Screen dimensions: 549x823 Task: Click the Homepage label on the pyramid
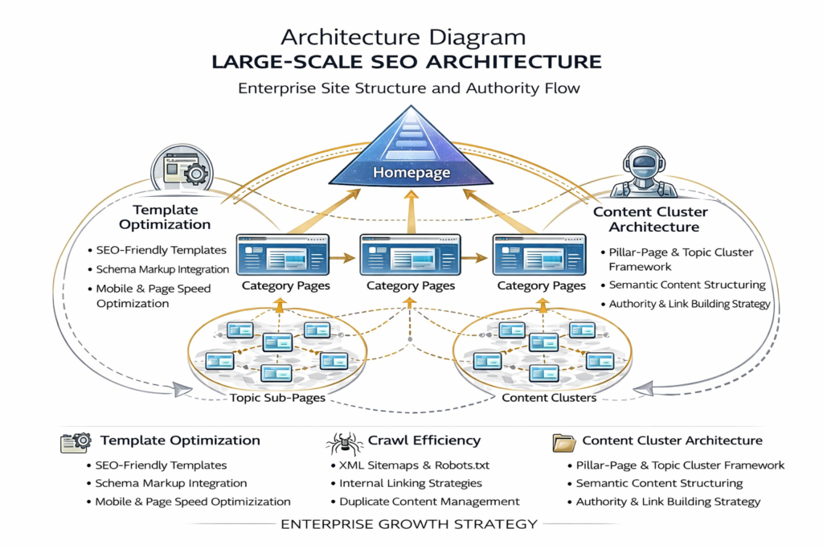pyautogui.click(x=411, y=173)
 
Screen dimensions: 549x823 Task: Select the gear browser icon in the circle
pyautogui.click(x=182, y=170)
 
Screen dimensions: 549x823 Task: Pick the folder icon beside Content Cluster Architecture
pyautogui.click(x=563, y=441)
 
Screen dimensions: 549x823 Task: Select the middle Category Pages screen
pyautogui.click(x=411, y=255)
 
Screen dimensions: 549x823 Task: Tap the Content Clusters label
pyautogui.click(x=549, y=397)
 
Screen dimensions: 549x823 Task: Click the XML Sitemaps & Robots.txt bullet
pyautogui.click(x=414, y=465)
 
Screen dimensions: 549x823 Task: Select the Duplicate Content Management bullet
pyautogui.click(x=429, y=502)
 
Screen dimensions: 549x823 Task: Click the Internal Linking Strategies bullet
pyautogui.click(x=411, y=483)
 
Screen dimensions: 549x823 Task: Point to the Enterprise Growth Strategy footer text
pyautogui.click(x=411, y=524)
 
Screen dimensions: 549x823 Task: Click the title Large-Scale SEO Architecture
pyautogui.click(x=411, y=62)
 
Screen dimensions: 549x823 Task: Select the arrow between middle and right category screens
pyautogui.click(x=477, y=258)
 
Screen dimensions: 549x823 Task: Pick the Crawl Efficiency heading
pyautogui.click(x=424, y=440)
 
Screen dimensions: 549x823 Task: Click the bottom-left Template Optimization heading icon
pyautogui.click(x=76, y=442)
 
